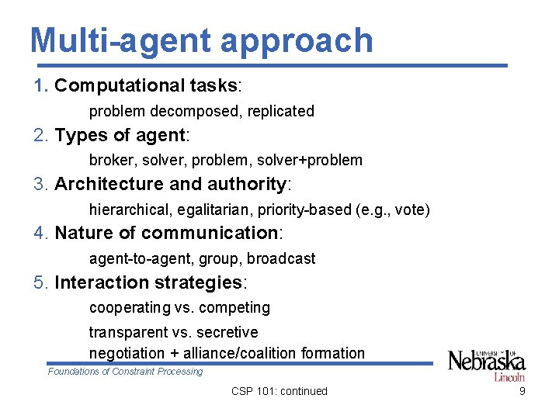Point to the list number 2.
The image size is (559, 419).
(40, 135)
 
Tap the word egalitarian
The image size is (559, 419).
(209, 210)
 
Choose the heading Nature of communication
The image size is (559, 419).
(167, 233)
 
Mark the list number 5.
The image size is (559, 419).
(40, 282)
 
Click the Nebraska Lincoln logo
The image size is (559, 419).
(487, 364)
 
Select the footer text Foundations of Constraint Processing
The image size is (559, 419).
(125, 372)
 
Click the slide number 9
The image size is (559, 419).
(522, 391)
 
